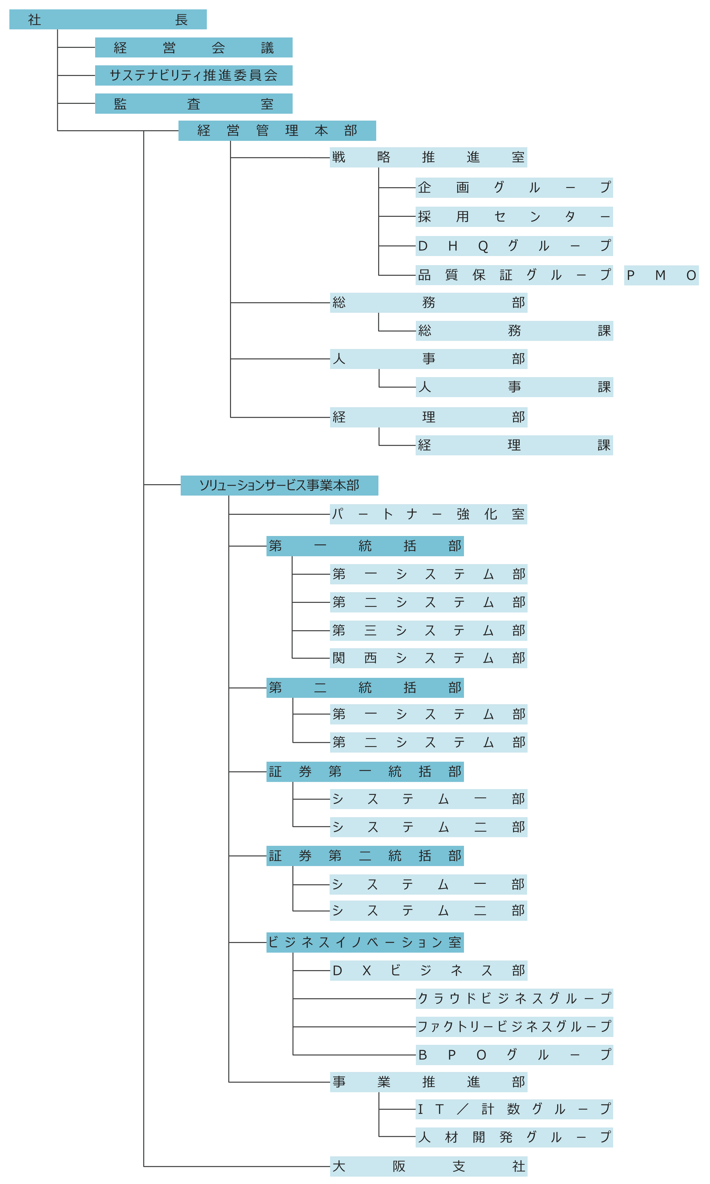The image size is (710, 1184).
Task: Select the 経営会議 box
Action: [194, 47]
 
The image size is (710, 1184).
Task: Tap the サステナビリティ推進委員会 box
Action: [194, 76]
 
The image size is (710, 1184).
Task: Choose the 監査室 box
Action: [194, 104]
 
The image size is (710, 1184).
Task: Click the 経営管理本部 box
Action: [277, 131]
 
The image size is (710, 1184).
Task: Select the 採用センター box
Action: [514, 217]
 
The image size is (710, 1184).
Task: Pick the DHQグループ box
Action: [514, 246]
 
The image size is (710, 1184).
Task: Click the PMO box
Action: [661, 275]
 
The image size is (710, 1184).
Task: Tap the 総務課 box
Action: [514, 331]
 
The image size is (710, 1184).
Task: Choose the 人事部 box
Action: [429, 359]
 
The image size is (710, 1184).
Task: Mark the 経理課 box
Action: [514, 445]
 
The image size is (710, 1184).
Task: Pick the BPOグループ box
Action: [514, 1055]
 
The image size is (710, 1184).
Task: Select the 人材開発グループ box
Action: [514, 1137]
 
